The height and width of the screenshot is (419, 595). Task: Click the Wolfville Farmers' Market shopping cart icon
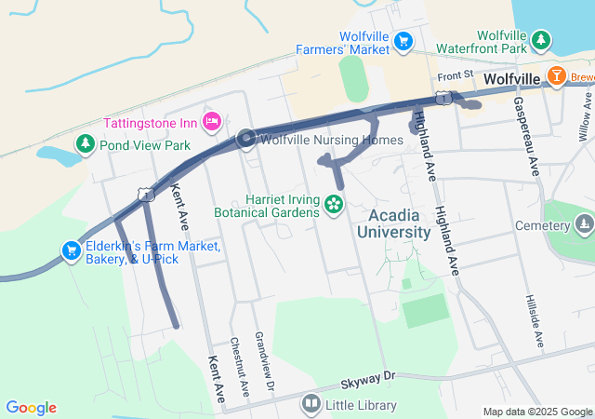(403, 40)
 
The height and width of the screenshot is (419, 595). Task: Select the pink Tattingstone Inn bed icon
(213, 121)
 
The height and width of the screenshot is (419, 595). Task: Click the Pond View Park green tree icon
(86, 144)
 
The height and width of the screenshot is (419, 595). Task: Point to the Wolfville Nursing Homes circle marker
(246, 139)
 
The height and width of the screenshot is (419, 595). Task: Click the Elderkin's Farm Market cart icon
(71, 250)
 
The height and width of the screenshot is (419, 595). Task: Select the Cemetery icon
(583, 224)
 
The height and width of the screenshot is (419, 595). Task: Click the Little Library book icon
(311, 404)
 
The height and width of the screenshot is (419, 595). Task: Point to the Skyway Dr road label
(367, 377)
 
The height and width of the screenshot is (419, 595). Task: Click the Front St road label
(456, 74)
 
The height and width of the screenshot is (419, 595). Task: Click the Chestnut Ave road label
(239, 363)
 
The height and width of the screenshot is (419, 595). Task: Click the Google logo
(31, 408)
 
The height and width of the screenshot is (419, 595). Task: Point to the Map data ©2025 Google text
(537, 412)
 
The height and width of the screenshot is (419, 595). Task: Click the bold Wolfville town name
(511, 80)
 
